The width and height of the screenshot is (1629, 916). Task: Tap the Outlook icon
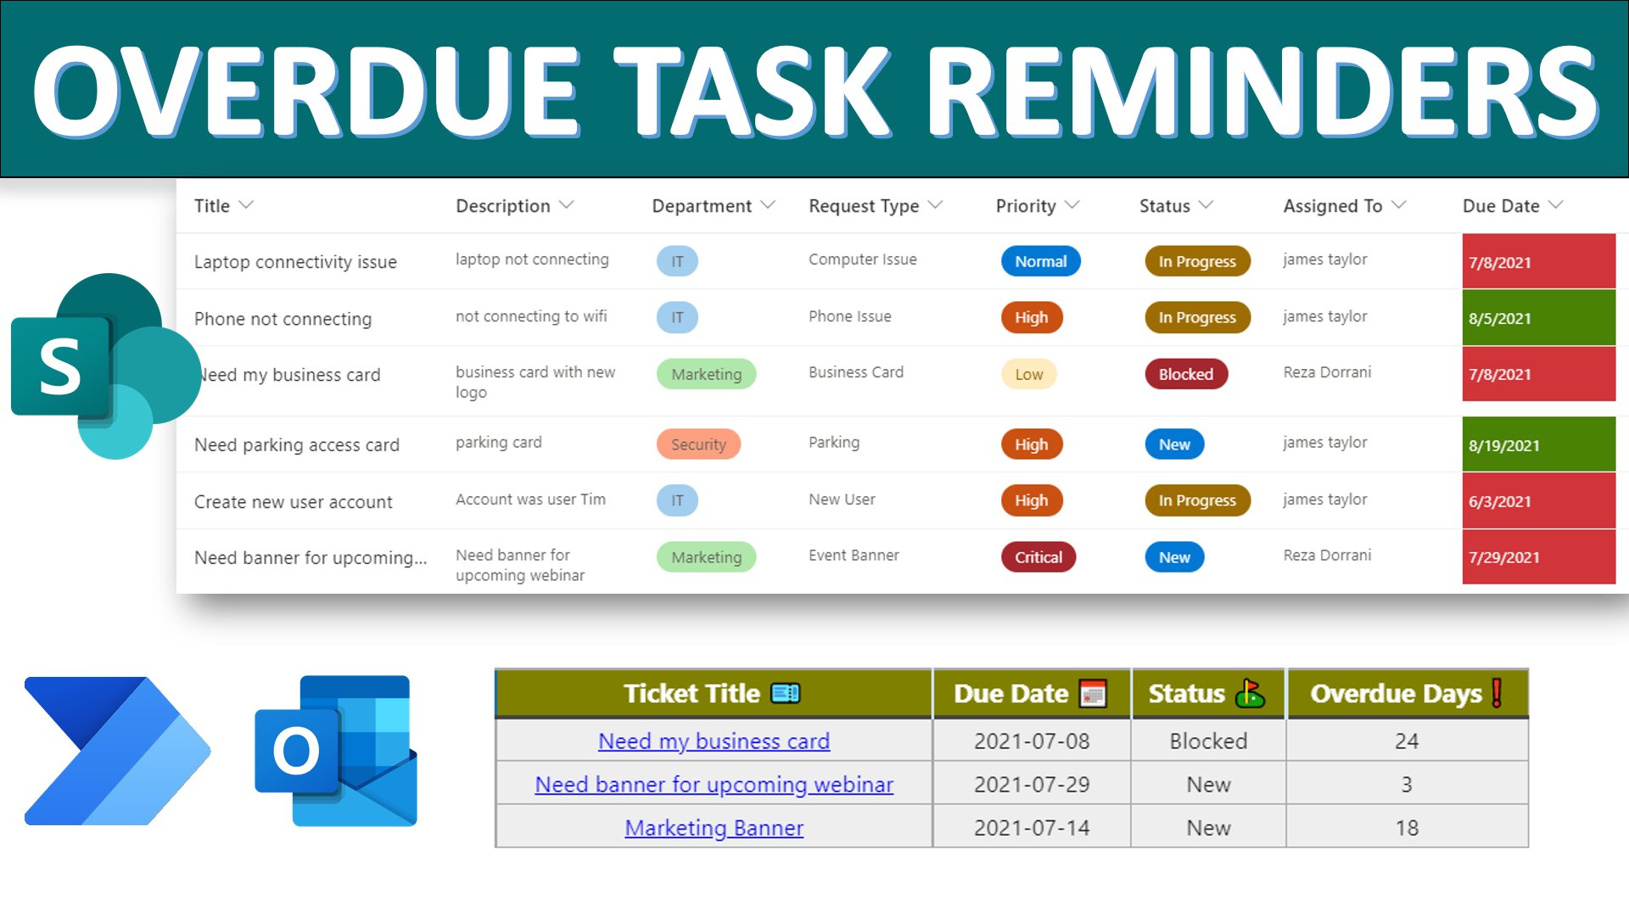(336, 751)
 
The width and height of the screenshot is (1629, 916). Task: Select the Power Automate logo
(117, 751)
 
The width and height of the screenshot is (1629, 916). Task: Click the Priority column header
(1026, 206)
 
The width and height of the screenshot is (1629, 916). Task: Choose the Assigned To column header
(1332, 206)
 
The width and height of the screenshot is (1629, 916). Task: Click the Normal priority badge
(1040, 261)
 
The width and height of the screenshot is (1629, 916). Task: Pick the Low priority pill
(1028, 374)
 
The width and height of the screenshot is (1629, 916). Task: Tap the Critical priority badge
(1038, 557)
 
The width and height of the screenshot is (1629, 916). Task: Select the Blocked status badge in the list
(1185, 374)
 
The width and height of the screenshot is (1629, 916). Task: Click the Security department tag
(698, 444)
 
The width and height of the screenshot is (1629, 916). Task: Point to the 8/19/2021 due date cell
(1537, 444)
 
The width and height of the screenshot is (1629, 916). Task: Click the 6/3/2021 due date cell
(1537, 501)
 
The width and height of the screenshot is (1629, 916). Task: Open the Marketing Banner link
(714, 828)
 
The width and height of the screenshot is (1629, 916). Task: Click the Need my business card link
(714, 741)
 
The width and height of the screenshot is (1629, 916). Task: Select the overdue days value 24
(1406, 741)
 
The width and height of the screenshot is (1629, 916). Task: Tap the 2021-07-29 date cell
(1031, 785)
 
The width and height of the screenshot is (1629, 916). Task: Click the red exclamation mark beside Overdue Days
(1497, 693)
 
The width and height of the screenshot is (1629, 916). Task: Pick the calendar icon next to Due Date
(1093, 694)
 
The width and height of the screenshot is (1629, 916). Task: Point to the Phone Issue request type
(849, 316)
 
